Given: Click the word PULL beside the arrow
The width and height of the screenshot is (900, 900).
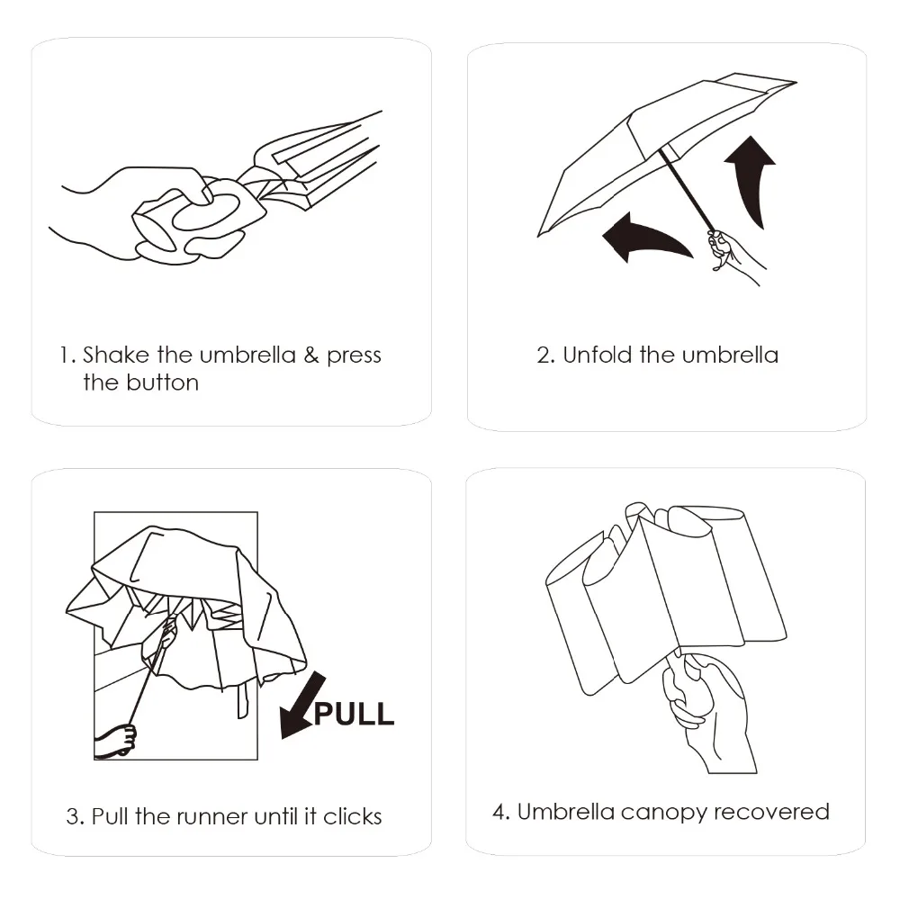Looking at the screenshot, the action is (x=354, y=714).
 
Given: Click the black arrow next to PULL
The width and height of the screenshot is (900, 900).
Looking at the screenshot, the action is (x=301, y=706).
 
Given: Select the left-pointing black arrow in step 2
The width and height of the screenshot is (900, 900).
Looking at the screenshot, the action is (x=645, y=237).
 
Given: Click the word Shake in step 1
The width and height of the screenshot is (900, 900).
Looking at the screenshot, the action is (x=116, y=355).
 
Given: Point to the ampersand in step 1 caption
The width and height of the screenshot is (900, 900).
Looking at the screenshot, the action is (x=311, y=355).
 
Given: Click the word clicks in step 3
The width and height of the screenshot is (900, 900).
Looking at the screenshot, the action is (x=353, y=816).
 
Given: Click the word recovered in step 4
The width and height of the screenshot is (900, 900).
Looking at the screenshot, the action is (x=771, y=812).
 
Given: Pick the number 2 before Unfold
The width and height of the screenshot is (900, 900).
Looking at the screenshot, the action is (x=544, y=355).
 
